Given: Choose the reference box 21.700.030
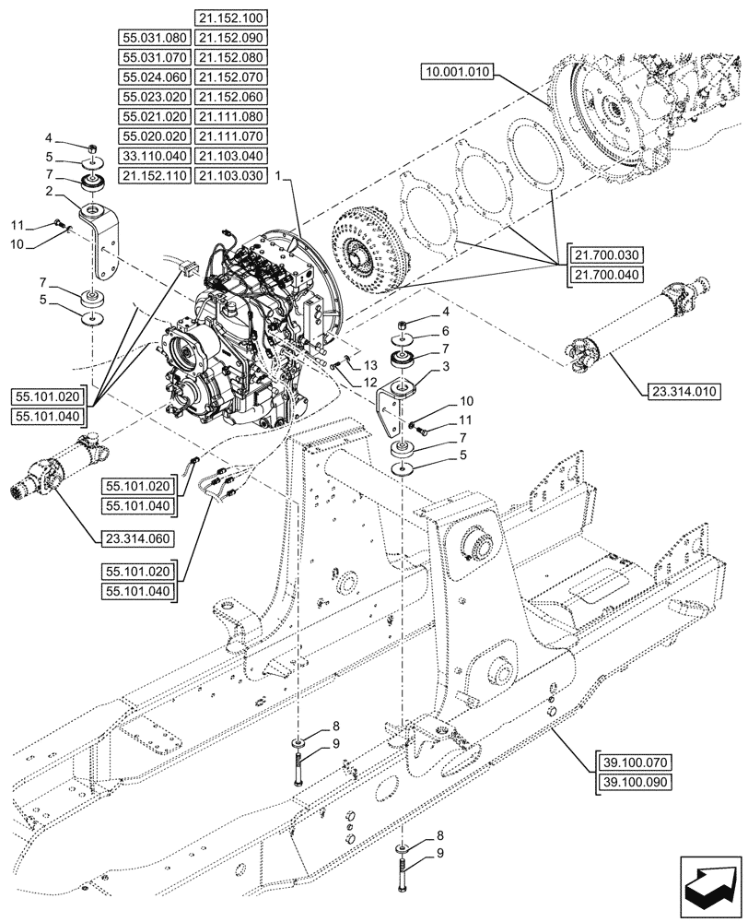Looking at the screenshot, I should [x=609, y=254].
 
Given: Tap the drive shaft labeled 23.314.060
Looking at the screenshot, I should [x=64, y=466].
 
